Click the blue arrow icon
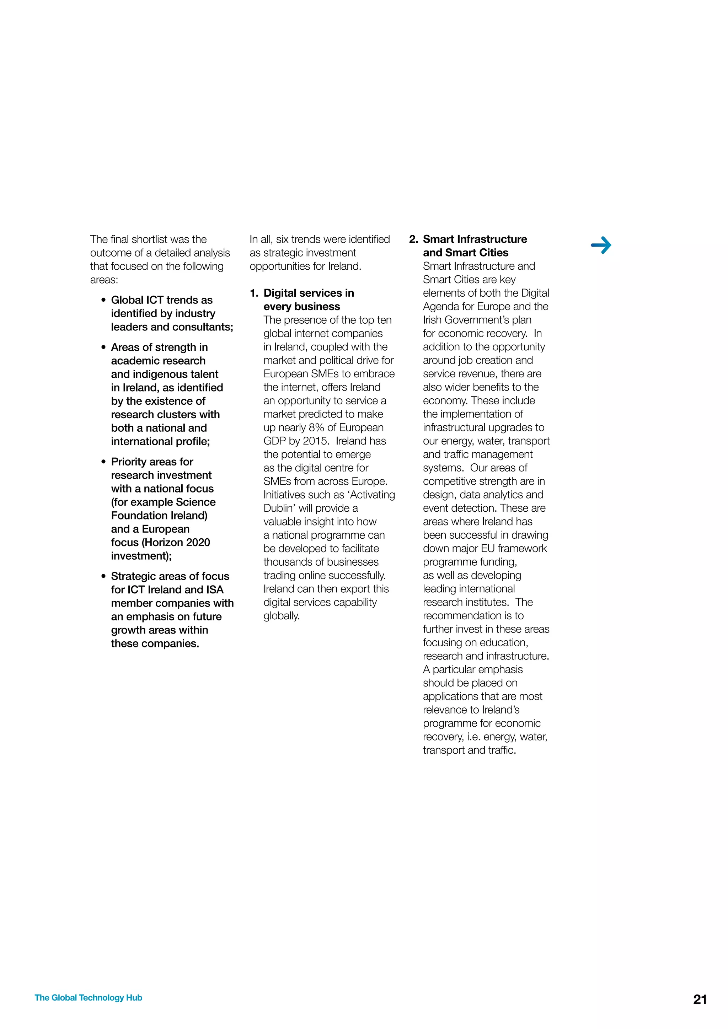click(x=601, y=245)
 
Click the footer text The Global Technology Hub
click(x=88, y=998)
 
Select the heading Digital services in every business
click(x=309, y=300)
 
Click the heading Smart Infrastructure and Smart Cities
click(x=474, y=246)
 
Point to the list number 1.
click(x=254, y=293)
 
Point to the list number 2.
click(x=413, y=239)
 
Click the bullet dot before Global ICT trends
click(x=103, y=300)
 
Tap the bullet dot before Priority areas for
click(x=103, y=462)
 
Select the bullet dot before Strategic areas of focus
click(x=103, y=576)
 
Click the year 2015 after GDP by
click(x=316, y=441)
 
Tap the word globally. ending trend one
click(x=282, y=616)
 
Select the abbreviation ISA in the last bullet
click(x=215, y=590)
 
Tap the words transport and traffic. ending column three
click(x=469, y=750)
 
